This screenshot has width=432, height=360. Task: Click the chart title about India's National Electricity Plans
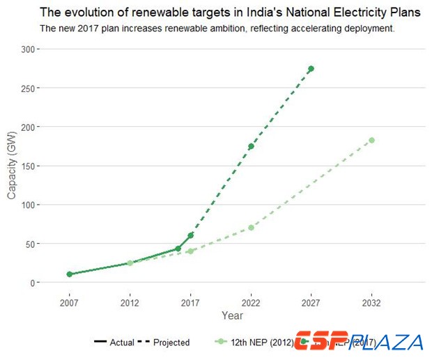(230, 13)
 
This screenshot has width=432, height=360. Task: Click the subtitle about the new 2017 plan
(217, 29)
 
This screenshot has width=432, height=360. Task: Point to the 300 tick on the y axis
(29, 49)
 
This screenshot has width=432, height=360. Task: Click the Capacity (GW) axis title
(12, 166)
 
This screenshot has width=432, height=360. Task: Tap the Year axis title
(232, 315)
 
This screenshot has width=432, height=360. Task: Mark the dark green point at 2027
(311, 69)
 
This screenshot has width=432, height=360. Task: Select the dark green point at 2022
(251, 146)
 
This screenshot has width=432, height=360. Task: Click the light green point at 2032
(371, 140)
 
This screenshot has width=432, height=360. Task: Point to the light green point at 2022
(251, 228)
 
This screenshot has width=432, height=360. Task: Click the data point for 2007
(70, 274)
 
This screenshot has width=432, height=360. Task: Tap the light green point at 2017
(190, 251)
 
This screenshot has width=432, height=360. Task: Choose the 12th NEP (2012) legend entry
(251, 343)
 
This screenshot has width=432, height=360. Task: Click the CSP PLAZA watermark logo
(358, 342)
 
